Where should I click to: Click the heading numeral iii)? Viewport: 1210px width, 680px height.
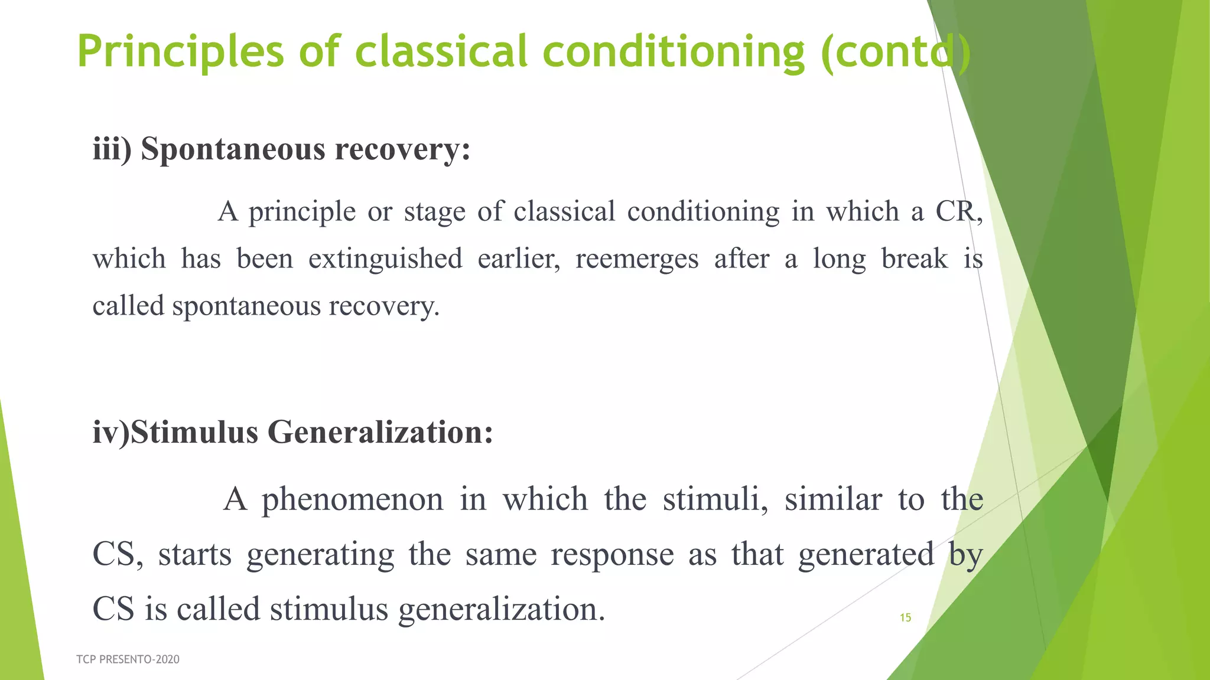point(112,149)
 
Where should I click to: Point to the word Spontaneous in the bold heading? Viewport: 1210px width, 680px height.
point(233,149)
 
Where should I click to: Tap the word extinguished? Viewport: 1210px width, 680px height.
point(385,259)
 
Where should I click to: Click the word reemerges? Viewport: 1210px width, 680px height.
point(637,259)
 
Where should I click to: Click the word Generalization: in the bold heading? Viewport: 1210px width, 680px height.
point(380,432)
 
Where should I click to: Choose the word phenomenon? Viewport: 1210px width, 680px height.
point(353,499)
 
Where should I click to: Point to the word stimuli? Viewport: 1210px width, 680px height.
point(715,499)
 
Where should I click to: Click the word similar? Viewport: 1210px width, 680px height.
point(833,499)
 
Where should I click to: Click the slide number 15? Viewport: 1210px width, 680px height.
point(905,618)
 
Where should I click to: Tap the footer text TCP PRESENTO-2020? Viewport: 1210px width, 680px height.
point(128,659)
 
